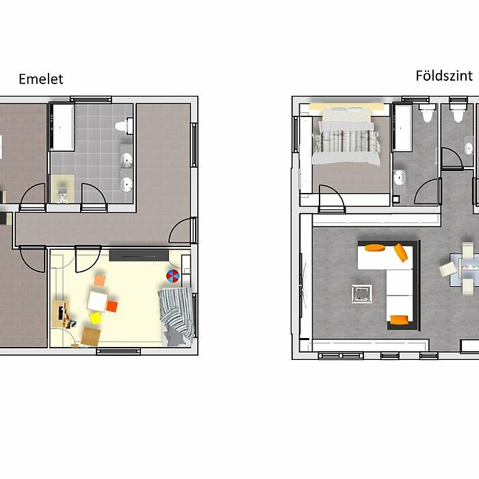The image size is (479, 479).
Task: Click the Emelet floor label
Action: pos(41,79)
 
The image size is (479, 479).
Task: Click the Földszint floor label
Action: pos(444,76)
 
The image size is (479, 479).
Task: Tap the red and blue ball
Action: pos(173,276)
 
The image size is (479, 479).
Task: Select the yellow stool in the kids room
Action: pos(95,318)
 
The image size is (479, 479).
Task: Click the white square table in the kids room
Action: pos(97,302)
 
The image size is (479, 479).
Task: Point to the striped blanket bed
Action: pos(177,316)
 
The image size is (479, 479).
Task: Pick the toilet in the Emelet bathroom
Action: pos(124,126)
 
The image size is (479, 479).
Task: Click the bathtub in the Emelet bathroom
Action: pos(62,127)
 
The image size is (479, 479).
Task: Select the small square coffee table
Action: pos(362,294)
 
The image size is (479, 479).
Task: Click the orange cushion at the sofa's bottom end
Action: pos(400,320)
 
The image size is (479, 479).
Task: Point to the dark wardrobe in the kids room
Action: pos(139,256)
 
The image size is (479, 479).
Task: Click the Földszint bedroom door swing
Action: pos(332,198)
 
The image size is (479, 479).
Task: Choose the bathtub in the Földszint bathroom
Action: pos(402,128)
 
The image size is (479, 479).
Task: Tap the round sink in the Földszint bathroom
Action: pos(399,177)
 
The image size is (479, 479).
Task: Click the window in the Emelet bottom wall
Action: pos(118,351)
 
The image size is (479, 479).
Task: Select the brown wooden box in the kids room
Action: pos(91,337)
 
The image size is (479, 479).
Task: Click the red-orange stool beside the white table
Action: pos(112,307)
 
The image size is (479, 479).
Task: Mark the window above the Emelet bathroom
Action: pos(91,100)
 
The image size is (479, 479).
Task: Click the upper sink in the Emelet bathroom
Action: pos(126,160)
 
